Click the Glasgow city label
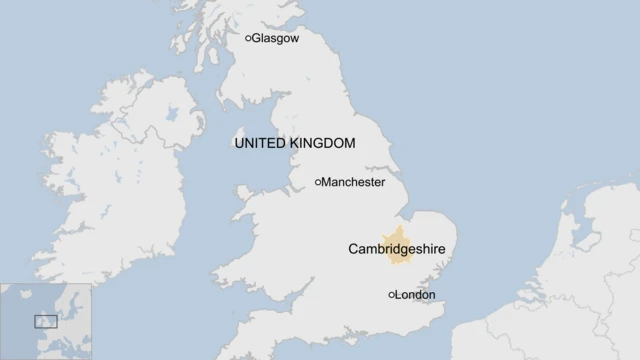[276, 39]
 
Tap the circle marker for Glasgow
[249, 39]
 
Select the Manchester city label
[353, 183]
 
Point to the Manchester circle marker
[318, 183]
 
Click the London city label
[415, 295]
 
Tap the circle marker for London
[391, 295]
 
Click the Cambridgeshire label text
[396, 248]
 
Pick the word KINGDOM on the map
[322, 144]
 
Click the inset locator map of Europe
[45, 321]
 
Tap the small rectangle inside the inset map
[46, 322]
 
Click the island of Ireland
[110, 190]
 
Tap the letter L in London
[399, 295]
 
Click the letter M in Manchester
[326, 183]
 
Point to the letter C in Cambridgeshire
[353, 248]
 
